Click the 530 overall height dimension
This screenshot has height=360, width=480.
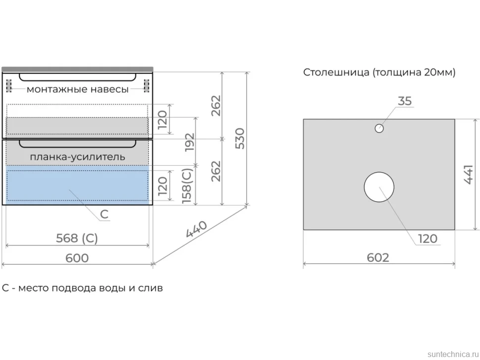(240, 138)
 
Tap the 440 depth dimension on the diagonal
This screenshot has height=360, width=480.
(196, 229)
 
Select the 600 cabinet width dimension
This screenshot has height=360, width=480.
(77, 258)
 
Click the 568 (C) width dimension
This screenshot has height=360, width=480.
(77, 238)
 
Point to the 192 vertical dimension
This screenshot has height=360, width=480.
(190, 142)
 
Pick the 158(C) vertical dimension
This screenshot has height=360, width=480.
(187, 186)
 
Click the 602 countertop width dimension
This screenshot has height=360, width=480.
(378, 258)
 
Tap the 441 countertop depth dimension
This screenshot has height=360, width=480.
(468, 175)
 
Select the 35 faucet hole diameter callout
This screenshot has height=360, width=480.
(405, 101)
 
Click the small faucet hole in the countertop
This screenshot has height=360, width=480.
(379, 129)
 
